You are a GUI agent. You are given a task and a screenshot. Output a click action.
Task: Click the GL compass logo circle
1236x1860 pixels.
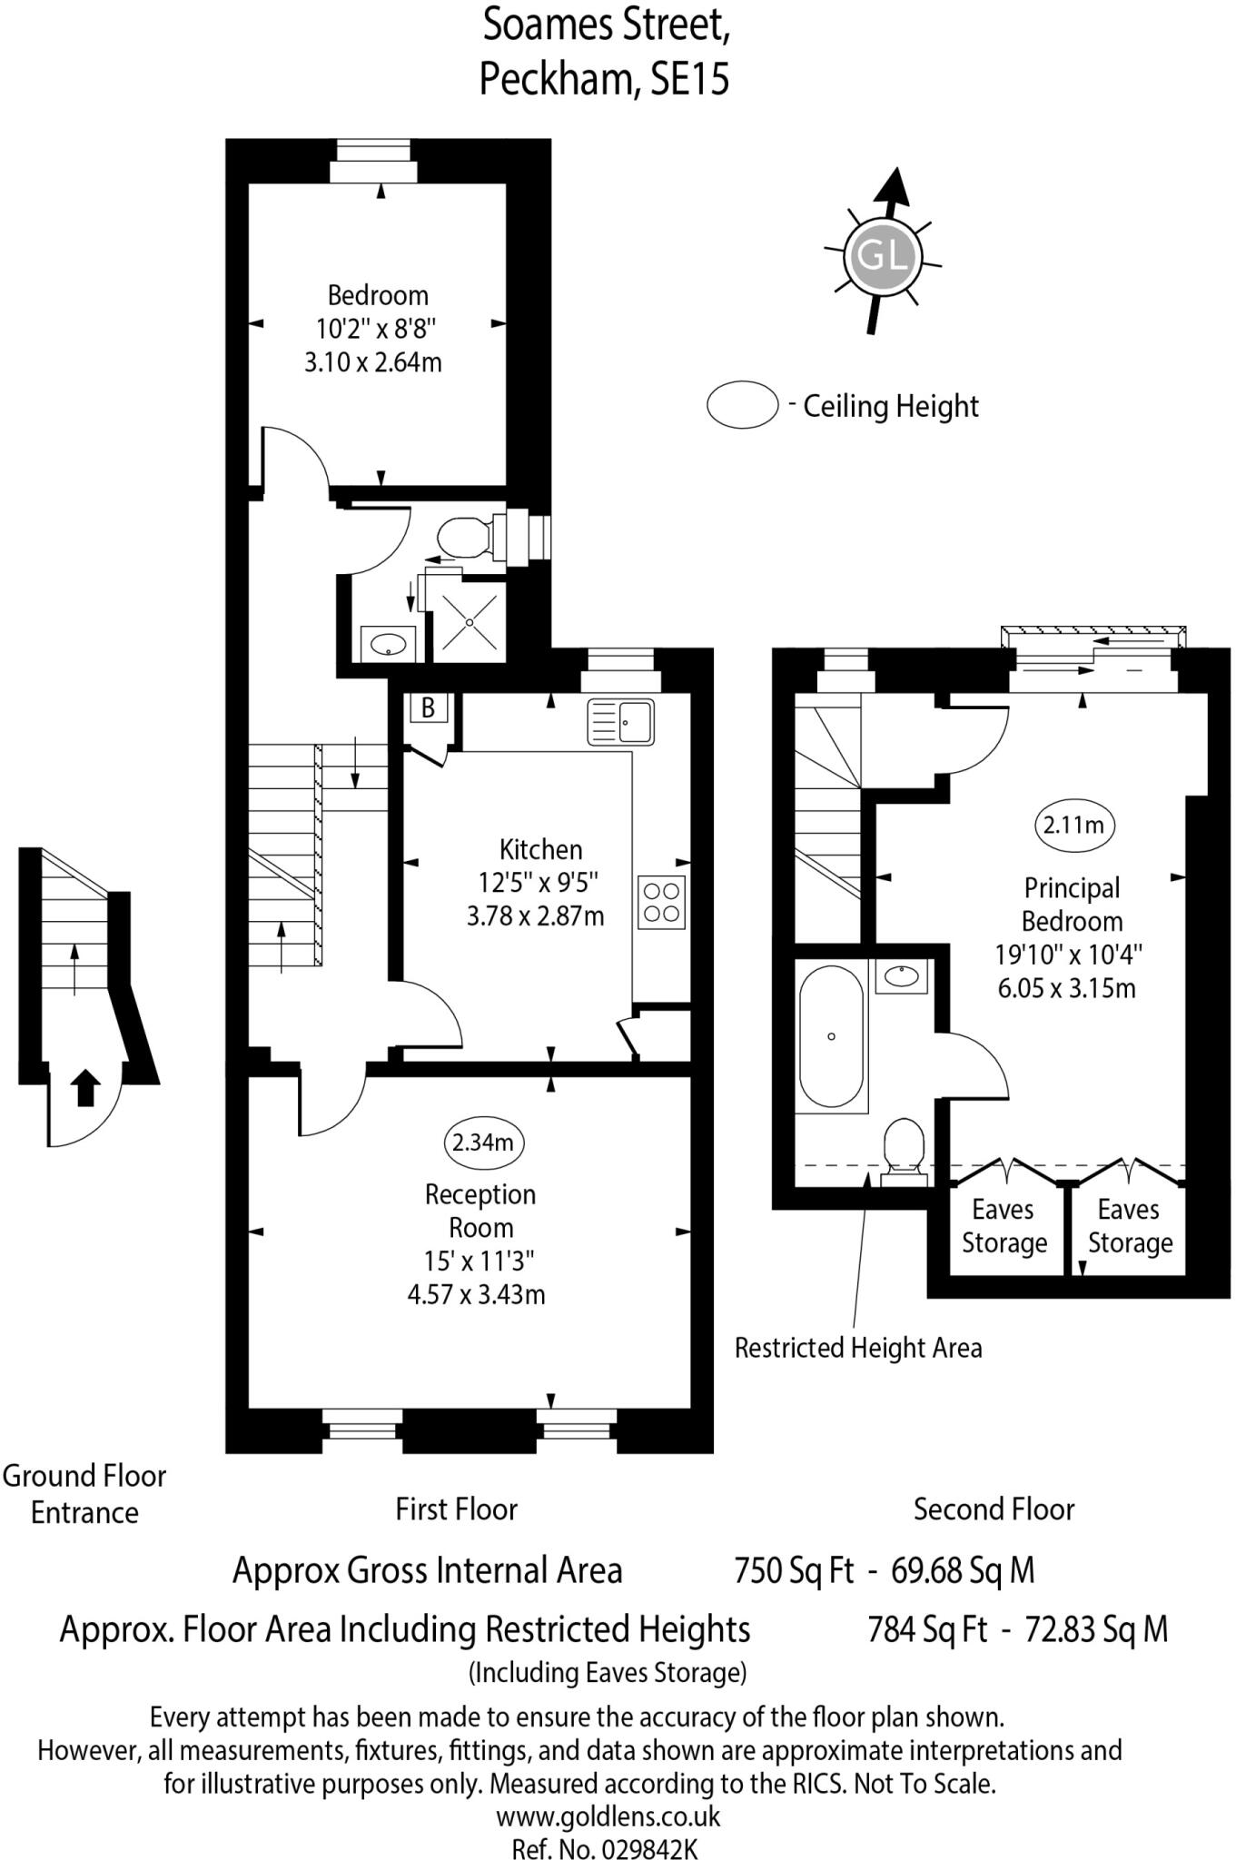882,256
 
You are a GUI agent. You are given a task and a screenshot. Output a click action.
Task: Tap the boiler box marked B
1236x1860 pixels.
428,707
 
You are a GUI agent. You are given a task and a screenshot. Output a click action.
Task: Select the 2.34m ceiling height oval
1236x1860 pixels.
483,1142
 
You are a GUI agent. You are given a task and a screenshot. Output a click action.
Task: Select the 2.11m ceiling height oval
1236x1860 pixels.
1074,825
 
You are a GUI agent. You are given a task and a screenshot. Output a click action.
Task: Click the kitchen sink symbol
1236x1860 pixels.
621,722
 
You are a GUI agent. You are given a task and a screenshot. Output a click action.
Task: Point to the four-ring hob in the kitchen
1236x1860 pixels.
661,902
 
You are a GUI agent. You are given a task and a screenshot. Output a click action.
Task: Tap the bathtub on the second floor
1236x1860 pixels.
831,1036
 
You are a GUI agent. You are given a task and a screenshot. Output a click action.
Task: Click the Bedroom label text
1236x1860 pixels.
378,295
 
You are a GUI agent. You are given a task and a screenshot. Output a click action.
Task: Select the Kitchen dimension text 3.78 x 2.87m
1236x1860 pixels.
535,915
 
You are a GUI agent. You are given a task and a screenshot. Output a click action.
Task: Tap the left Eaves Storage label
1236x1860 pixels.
1004,1226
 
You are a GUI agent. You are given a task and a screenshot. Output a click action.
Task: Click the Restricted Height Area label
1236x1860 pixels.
858,1348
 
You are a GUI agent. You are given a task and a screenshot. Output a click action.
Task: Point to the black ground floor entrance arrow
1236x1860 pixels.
85,1087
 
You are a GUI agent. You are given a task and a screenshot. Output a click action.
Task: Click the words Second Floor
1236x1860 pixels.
994,1509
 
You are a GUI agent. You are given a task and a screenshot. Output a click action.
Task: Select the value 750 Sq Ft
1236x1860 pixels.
794,1570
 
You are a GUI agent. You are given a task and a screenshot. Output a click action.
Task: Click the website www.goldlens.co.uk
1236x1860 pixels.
608,1816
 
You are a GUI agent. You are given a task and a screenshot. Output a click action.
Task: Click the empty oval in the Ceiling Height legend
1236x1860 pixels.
743,404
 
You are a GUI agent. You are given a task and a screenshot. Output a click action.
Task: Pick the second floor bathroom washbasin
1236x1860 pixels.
901,976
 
